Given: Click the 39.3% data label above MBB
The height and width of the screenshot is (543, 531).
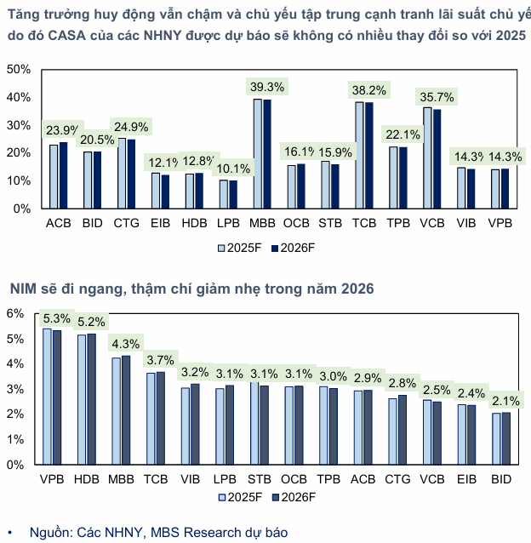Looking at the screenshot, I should (x=268, y=86).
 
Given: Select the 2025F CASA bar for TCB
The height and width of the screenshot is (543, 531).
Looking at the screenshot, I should (x=359, y=155).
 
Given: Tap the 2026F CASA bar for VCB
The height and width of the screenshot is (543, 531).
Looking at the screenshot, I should (x=437, y=158).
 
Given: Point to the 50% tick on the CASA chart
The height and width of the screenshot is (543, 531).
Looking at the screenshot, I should (x=18, y=69).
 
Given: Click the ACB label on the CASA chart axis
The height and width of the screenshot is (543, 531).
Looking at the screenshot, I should (x=59, y=223).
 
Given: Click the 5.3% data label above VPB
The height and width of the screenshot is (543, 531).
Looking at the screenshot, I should (x=58, y=318).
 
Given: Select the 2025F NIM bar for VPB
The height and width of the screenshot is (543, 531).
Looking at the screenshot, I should (x=47, y=397).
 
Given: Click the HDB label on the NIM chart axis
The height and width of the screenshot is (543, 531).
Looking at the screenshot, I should (x=86, y=480).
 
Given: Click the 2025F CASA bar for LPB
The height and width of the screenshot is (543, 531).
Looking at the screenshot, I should (x=224, y=194).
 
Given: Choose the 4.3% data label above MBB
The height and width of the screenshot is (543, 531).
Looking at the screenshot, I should (x=126, y=344).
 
